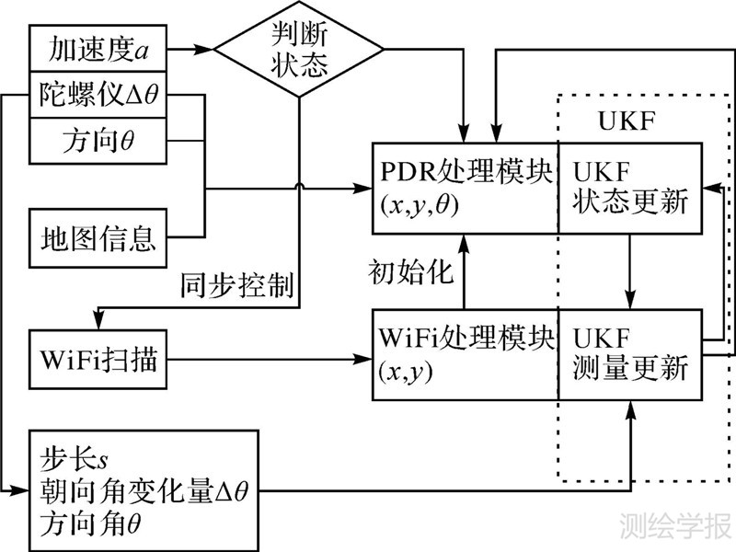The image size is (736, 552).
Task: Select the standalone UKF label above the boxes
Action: pos(625,122)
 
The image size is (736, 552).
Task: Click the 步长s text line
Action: pos(75,454)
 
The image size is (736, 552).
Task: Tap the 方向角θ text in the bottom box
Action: pos(93,525)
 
